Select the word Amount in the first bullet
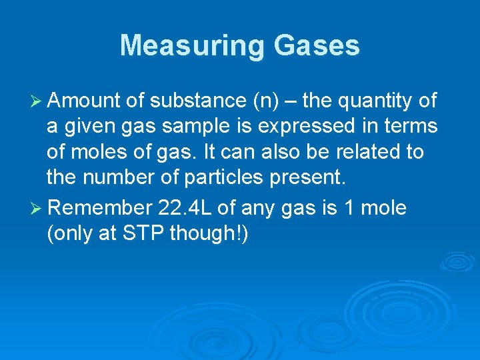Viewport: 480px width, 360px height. click(83, 101)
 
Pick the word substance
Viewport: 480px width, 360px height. click(198, 101)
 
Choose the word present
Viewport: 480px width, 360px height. click(311, 177)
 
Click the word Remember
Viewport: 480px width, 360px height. click(101, 207)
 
